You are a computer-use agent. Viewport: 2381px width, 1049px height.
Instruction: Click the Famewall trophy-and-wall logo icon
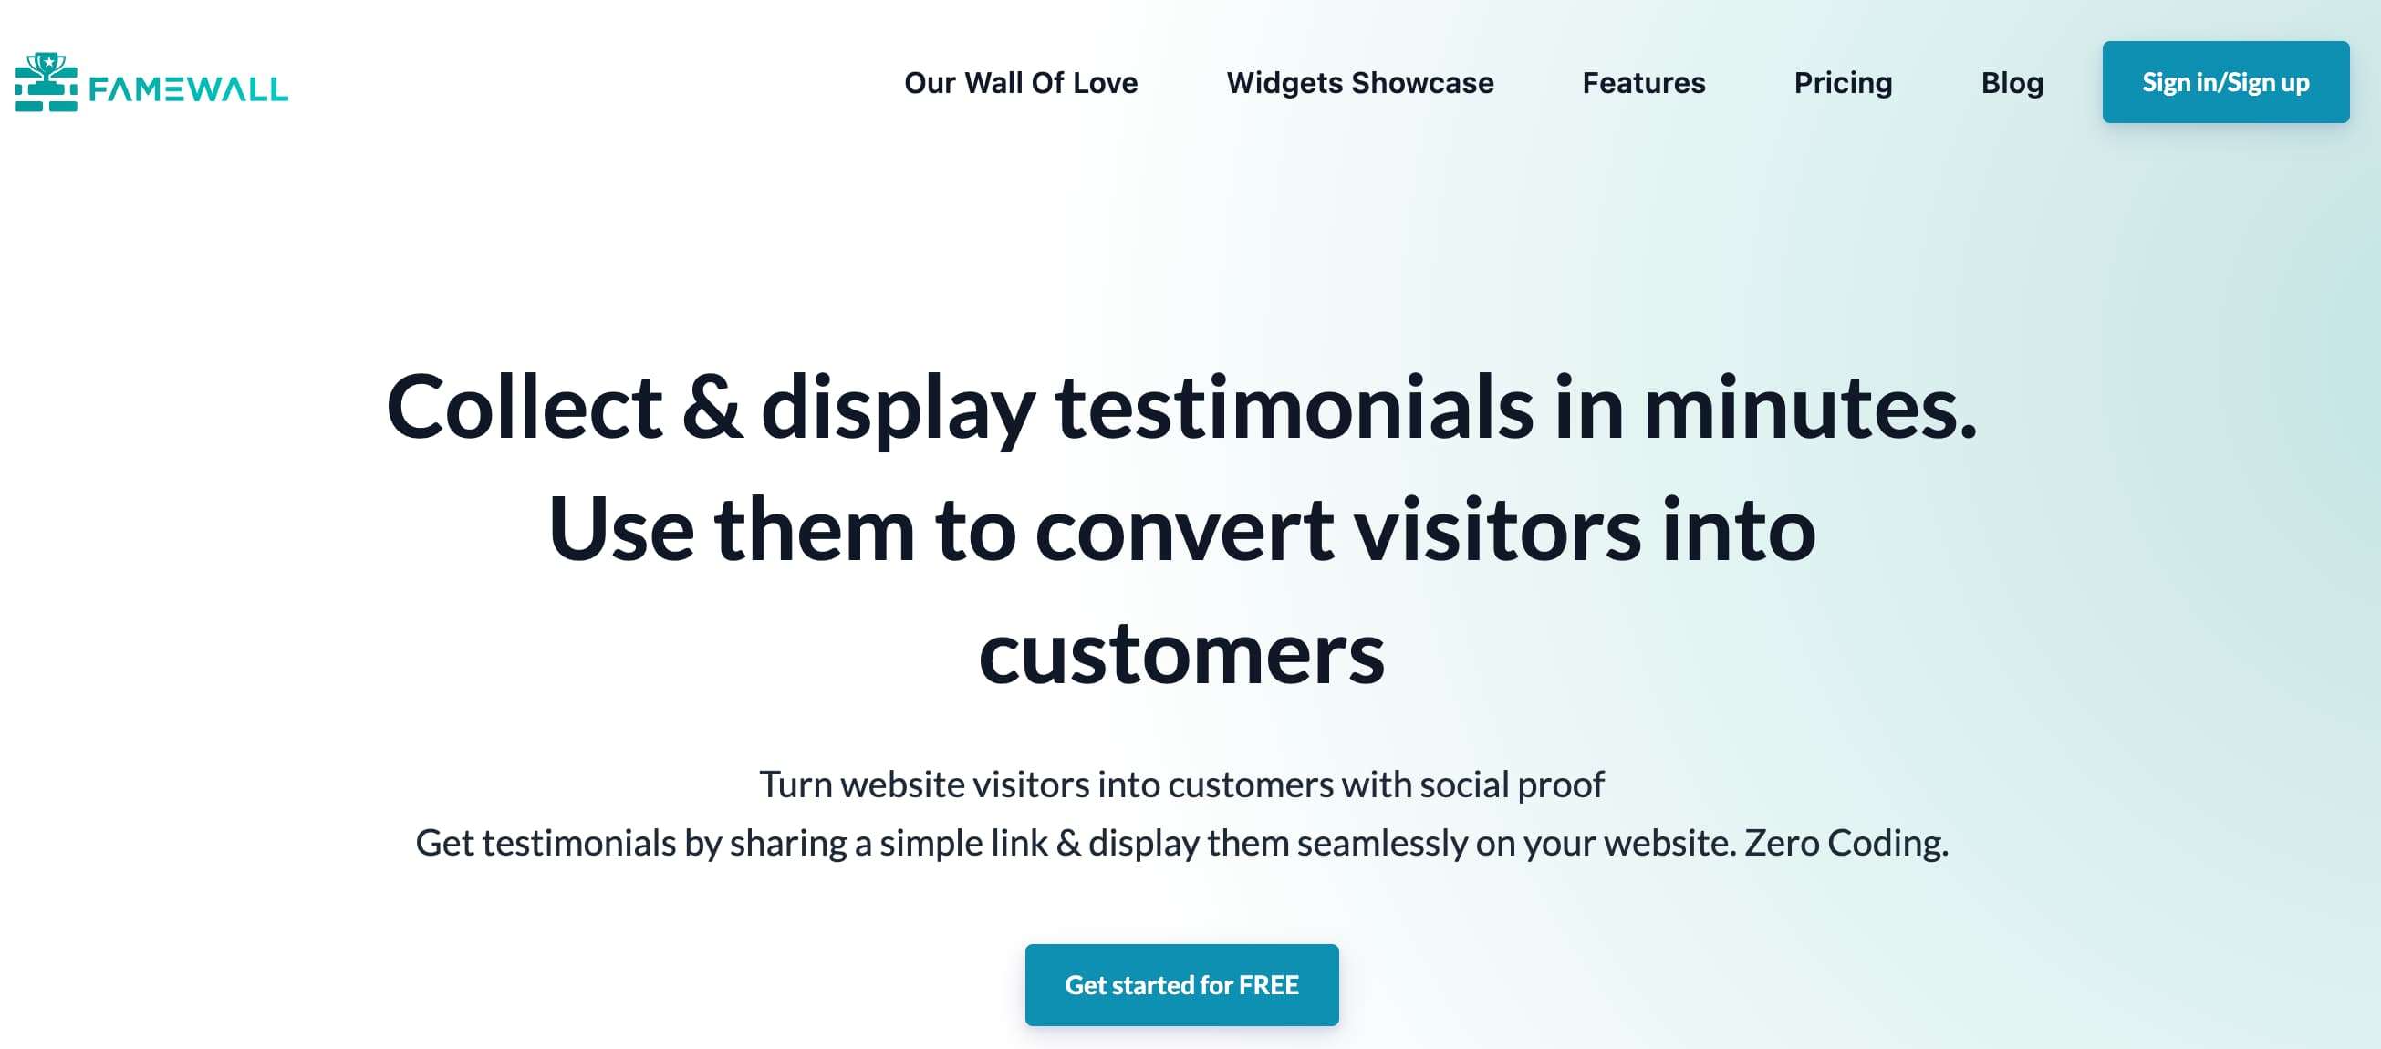click(47, 82)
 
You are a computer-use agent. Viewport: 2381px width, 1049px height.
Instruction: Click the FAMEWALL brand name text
click(189, 88)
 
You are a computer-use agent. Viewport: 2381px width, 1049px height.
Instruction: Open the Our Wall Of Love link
click(1021, 83)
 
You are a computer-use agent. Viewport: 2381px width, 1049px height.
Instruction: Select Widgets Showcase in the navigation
click(1359, 83)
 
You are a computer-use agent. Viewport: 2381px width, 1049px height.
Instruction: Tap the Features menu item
click(1643, 83)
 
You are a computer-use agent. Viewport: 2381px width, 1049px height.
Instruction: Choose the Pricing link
click(1843, 83)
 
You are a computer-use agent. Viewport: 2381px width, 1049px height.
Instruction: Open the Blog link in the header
click(2012, 83)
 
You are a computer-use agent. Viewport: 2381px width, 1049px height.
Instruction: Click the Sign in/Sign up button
click(2225, 82)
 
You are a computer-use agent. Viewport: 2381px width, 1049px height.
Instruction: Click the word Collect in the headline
click(523, 408)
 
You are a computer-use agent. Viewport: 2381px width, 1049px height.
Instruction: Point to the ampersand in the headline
click(711, 408)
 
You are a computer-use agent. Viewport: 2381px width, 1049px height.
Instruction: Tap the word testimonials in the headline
click(1294, 408)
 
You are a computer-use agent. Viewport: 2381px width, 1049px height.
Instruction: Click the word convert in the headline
click(1184, 531)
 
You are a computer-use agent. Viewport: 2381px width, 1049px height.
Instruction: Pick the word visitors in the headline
click(1497, 531)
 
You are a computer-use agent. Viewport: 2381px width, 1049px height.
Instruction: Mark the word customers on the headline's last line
click(1181, 654)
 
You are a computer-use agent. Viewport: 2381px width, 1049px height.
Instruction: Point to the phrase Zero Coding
click(1846, 843)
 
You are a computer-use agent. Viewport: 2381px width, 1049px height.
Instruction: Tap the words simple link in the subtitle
click(963, 843)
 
